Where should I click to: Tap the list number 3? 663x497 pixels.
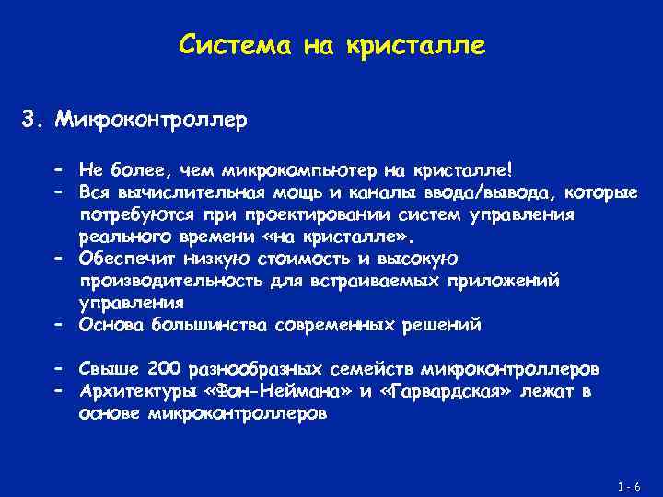(30, 120)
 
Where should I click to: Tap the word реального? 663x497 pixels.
(126, 236)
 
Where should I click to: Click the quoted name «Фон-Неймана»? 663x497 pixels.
(275, 391)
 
